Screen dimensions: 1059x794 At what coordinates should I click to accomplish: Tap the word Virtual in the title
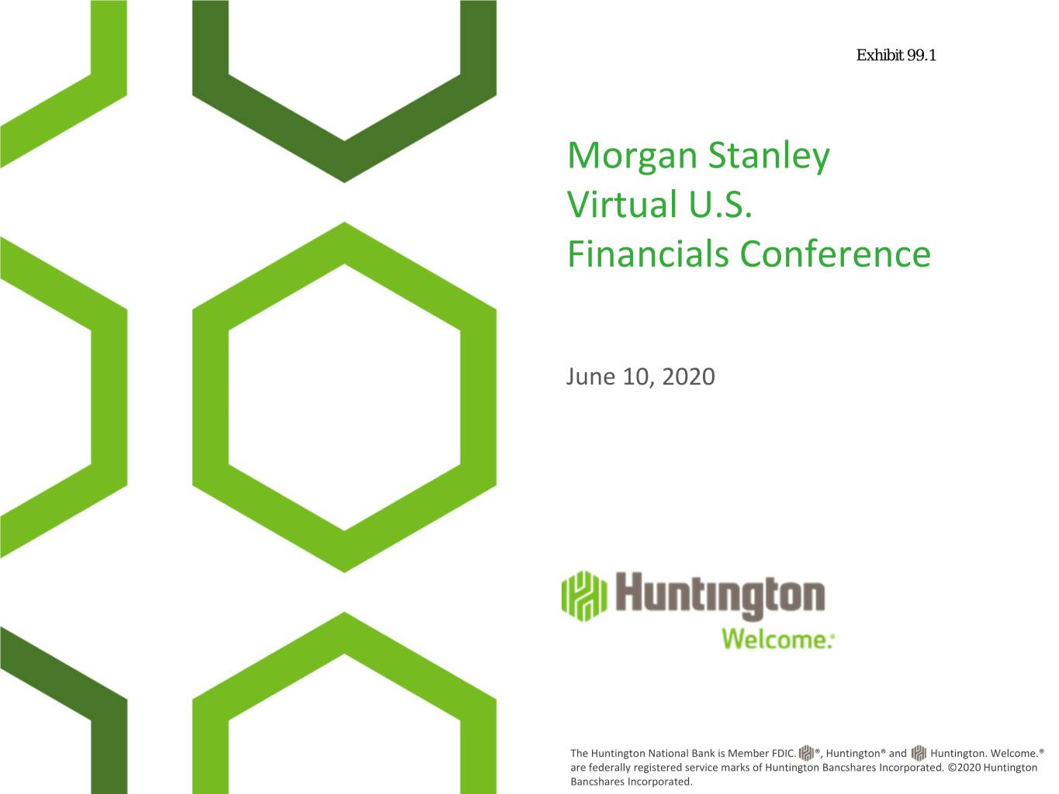click(x=622, y=204)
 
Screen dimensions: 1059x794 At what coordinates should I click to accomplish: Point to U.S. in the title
click(x=720, y=205)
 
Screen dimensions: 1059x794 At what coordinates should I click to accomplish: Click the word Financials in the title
click(x=648, y=254)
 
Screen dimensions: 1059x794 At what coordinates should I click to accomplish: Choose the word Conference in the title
click(x=835, y=254)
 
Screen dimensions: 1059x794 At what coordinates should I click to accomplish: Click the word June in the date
click(x=590, y=377)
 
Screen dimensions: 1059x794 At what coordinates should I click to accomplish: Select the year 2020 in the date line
click(x=688, y=377)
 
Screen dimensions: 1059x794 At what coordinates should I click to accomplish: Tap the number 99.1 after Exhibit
click(x=922, y=55)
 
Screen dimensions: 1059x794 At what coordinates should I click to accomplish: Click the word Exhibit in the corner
click(x=880, y=55)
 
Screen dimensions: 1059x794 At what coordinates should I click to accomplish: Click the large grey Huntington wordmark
click(x=720, y=595)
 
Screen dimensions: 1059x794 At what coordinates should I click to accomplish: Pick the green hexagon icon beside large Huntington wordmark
click(x=584, y=596)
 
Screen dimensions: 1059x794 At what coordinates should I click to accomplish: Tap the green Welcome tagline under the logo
click(x=777, y=639)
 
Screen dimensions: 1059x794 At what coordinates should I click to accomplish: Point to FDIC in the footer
click(x=784, y=753)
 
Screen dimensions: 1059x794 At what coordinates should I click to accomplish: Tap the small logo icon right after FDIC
click(x=806, y=753)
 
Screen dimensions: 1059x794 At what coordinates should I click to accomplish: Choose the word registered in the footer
click(x=659, y=768)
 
